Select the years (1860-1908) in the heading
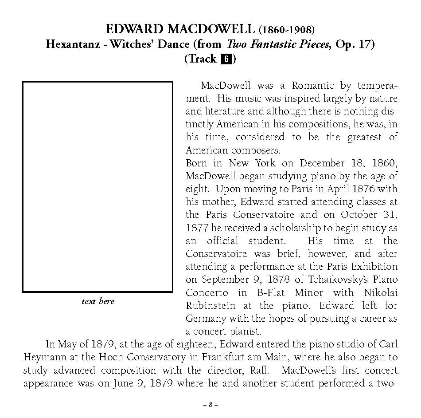coord(287,30)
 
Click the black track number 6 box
coord(226,59)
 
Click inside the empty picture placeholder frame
coord(97,186)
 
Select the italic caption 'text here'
coord(97,301)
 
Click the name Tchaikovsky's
coord(332,280)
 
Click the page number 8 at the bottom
coord(210,405)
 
